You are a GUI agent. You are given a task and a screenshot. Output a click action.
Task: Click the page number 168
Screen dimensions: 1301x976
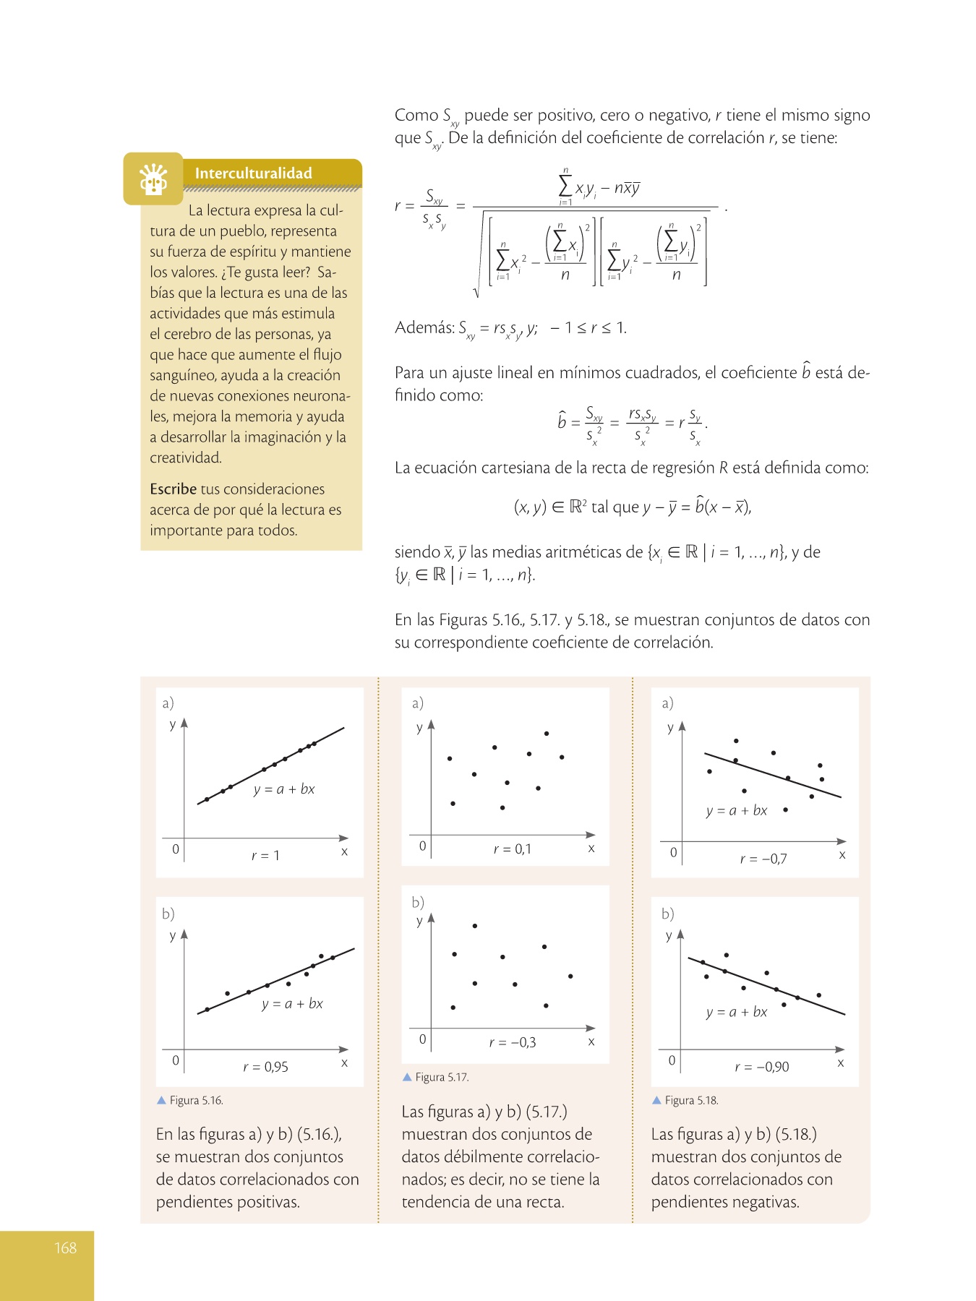click(x=65, y=1248)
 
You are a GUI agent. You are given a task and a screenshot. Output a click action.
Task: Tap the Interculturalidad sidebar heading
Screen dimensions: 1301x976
click(x=253, y=173)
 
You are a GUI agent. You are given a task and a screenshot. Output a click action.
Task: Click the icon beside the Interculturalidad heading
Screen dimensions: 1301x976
click(x=153, y=179)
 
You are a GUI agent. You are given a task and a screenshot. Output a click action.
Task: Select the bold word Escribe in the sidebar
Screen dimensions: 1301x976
click(x=173, y=489)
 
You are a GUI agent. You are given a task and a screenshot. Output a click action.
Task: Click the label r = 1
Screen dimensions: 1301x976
click(x=265, y=856)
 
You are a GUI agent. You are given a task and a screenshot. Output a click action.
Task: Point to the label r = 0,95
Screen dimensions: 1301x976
click(x=265, y=1067)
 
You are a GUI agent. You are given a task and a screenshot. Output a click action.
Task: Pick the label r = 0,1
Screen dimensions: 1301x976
click(x=512, y=849)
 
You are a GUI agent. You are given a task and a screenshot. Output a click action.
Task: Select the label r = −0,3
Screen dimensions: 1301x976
click(x=512, y=1042)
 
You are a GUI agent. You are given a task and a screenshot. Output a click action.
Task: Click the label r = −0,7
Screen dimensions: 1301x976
click(x=763, y=859)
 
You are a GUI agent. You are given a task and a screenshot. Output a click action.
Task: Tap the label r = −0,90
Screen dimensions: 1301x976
click(x=761, y=1067)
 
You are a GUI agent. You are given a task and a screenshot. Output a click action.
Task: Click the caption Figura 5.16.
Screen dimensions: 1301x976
click(x=196, y=1101)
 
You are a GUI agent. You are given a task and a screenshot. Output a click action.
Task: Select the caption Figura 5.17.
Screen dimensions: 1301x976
click(x=442, y=1078)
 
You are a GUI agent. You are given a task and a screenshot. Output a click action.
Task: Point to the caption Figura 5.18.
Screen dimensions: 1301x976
click(x=691, y=1101)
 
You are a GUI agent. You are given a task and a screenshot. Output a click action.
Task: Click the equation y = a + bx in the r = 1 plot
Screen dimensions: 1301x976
click(x=284, y=789)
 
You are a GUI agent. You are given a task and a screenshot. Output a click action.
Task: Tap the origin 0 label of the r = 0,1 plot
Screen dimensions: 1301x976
click(x=423, y=846)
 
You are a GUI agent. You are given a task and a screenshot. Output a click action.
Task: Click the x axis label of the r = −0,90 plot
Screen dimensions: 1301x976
click(x=841, y=1062)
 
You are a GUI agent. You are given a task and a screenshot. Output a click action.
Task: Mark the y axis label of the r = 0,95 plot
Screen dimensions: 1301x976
click(x=172, y=936)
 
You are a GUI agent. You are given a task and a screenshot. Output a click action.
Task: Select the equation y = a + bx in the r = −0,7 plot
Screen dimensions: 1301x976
click(x=736, y=811)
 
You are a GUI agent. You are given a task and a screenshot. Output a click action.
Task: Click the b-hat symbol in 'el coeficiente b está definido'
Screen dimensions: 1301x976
click(x=806, y=372)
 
